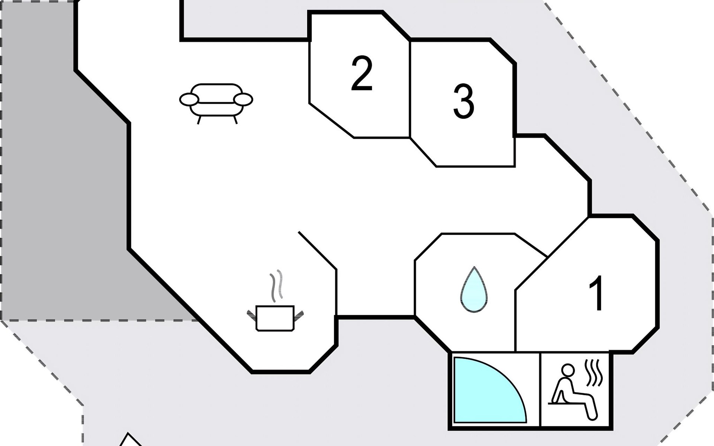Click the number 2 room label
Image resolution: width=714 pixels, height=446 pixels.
click(x=361, y=74)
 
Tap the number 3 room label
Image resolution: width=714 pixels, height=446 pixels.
click(x=463, y=101)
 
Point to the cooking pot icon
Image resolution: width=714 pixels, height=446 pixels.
click(x=275, y=318)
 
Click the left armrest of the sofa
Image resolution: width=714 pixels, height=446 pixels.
click(x=189, y=100)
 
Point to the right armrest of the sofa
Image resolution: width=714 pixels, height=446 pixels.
click(x=243, y=100)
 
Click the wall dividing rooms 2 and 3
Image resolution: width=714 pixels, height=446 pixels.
click(x=410, y=89)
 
